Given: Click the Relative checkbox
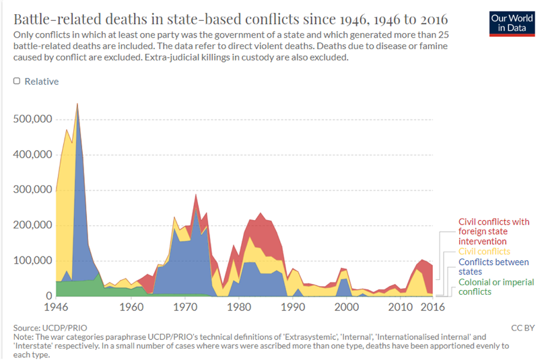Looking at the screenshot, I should tap(17, 81).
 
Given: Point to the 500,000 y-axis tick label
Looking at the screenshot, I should tap(32, 119).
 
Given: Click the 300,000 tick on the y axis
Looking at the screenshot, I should tap(32, 190).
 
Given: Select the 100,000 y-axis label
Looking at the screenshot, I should tap(32, 260).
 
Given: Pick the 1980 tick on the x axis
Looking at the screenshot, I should tap(238, 308).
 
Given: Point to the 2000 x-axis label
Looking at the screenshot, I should tap(346, 308).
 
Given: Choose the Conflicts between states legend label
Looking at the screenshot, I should tap(493, 266).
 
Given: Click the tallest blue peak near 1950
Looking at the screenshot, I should tap(77, 108).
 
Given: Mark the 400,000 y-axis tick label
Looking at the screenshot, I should tap(32, 154).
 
